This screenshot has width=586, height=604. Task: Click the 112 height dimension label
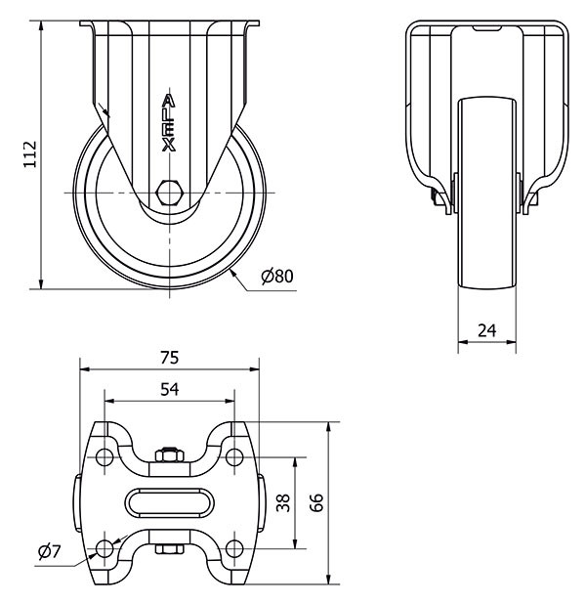click(29, 153)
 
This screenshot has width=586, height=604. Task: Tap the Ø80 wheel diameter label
click(277, 277)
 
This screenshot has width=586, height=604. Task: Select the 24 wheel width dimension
click(486, 329)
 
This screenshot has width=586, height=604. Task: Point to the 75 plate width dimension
click(170, 357)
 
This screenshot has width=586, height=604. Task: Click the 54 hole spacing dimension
click(169, 389)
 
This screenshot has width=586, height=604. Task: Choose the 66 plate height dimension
click(316, 502)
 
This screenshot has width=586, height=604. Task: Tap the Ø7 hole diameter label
click(49, 552)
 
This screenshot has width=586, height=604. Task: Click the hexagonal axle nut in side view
click(168, 192)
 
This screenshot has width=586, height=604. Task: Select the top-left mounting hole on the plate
click(104, 457)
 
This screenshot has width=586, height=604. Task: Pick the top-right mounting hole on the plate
click(234, 457)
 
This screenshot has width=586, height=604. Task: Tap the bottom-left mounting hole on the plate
click(104, 548)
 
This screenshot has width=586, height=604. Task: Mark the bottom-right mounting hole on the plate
click(234, 548)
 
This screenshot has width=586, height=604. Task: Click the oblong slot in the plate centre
click(169, 502)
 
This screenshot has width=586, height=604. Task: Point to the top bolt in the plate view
click(169, 453)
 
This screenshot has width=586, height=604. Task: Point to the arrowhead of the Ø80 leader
click(234, 275)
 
